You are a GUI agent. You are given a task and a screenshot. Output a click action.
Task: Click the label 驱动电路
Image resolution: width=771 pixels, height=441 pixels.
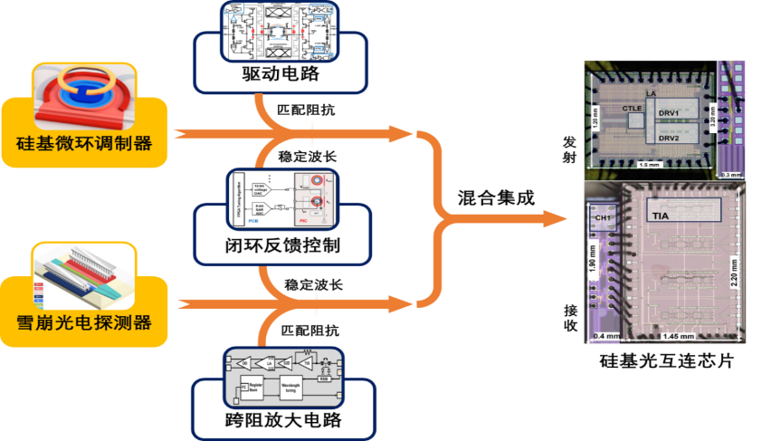coord(281,75)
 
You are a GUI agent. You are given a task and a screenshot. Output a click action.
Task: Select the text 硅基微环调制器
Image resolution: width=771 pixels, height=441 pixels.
coord(84,144)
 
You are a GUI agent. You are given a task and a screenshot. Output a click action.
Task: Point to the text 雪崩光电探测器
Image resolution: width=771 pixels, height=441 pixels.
coord(84,322)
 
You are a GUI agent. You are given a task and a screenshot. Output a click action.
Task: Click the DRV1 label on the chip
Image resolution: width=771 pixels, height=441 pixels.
coord(670,111)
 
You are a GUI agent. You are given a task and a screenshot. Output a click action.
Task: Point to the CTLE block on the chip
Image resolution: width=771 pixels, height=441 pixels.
coord(633,109)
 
